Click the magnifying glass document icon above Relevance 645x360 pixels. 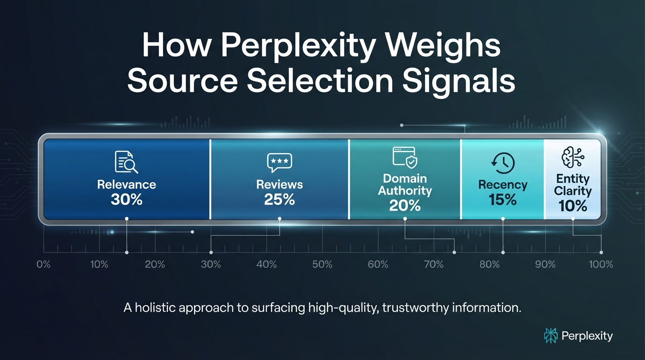[x=126, y=163]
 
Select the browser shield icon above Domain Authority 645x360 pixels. [x=405, y=157]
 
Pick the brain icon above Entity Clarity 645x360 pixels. [x=572, y=158]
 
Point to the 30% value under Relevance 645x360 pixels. [x=127, y=200]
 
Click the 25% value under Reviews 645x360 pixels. [x=279, y=200]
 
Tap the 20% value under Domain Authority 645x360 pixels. [x=405, y=205]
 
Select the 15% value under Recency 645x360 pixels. [x=503, y=200]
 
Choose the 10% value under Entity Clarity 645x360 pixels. [x=573, y=206]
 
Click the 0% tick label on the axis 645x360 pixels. [x=43, y=264]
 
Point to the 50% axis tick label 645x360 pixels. [x=322, y=264]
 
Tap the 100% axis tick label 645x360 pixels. [x=601, y=264]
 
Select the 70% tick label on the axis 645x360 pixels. [x=434, y=264]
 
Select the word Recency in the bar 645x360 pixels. [x=503, y=185]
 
